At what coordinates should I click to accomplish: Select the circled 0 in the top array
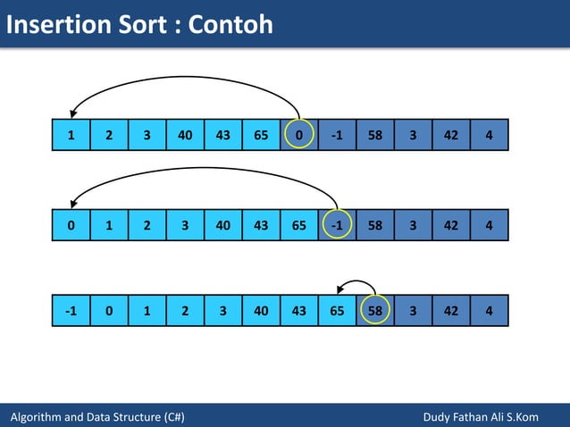298,135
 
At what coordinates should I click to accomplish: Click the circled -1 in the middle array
337,225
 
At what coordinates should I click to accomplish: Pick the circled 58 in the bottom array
375,311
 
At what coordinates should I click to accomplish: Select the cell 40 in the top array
185,135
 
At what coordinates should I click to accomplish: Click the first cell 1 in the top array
71,135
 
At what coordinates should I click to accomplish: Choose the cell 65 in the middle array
298,225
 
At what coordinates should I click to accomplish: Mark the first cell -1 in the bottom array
71,311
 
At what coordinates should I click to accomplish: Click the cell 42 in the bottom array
450,311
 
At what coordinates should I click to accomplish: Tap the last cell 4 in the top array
489,135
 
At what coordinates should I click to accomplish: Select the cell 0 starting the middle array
71,225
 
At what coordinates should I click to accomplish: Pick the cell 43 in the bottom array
298,311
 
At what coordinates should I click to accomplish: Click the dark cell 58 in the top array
375,135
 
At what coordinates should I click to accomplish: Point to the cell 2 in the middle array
147,225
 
